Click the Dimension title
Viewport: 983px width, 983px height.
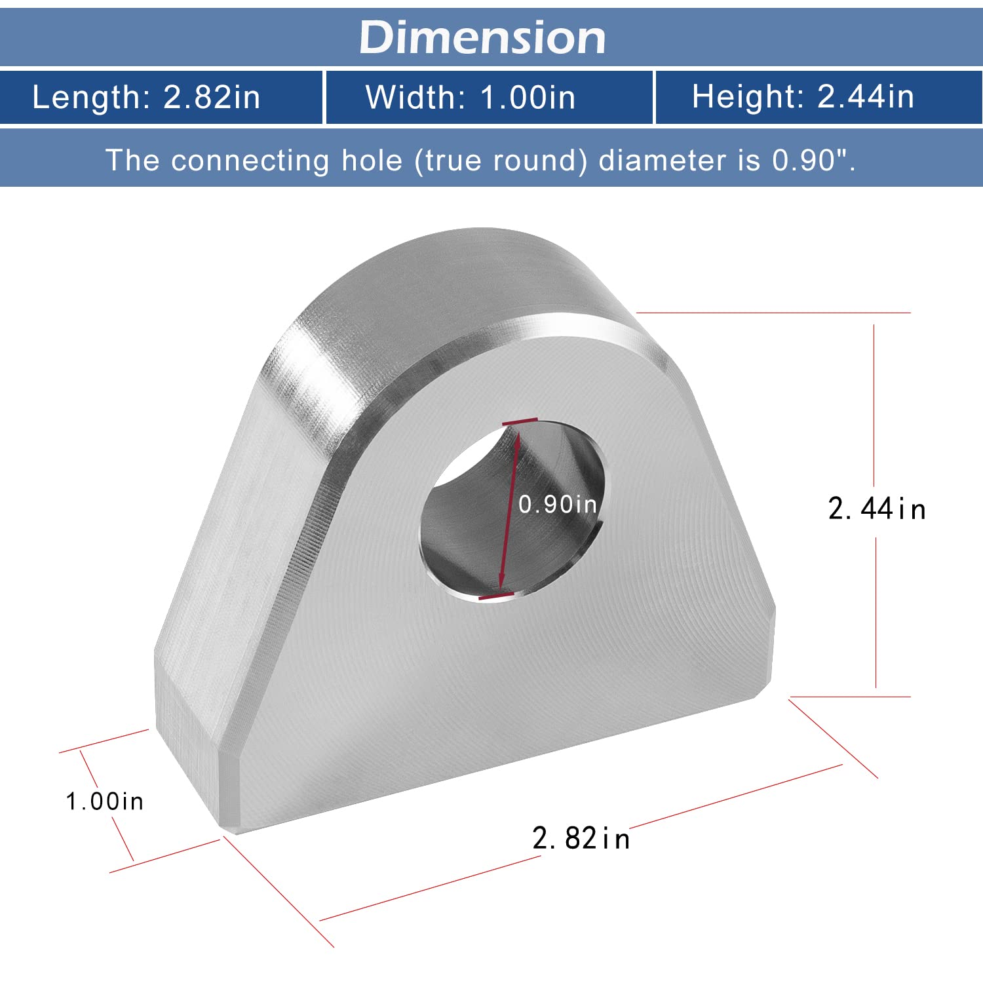tap(482, 37)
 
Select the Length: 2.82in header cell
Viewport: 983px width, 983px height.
tap(146, 97)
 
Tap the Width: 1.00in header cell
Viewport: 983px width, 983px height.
tap(471, 97)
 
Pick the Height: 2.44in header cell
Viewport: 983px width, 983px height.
tap(803, 97)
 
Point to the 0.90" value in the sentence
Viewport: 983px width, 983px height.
tap(810, 160)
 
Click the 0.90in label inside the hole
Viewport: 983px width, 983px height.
tap(558, 504)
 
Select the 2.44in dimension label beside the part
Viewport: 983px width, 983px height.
tap(877, 509)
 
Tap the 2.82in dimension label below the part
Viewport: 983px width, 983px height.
tap(581, 838)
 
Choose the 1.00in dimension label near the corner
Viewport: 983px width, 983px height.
tap(105, 801)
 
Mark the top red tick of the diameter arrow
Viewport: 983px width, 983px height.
tap(520, 421)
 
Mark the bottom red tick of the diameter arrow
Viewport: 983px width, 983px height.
tap(497, 596)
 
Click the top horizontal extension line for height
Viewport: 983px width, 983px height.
tap(773, 313)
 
